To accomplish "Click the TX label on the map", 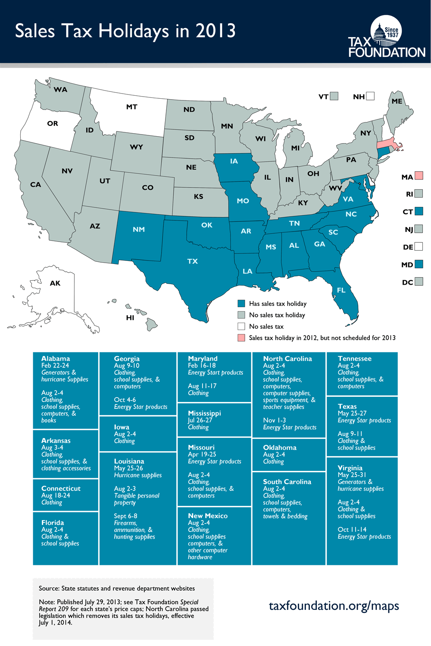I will (193, 261).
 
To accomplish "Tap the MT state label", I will (132, 107).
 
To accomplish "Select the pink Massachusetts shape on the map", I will (389, 144).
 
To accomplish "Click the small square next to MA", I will (419, 176).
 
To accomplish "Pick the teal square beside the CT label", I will (419, 211).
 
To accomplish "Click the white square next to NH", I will (370, 96).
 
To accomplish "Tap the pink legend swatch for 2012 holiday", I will (241, 338).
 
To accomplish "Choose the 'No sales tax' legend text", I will (266, 326).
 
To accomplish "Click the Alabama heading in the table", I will (56, 358).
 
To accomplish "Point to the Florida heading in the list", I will (53, 523).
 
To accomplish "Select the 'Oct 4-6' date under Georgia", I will (125, 400).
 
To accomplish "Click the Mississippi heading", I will (204, 413).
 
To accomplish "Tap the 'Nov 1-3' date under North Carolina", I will (274, 420).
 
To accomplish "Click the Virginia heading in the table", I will (350, 468).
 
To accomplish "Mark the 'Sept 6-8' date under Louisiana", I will (125, 516).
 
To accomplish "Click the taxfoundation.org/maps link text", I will (334, 606).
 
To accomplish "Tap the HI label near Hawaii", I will (130, 318).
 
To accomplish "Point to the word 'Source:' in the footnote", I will (49, 588).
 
